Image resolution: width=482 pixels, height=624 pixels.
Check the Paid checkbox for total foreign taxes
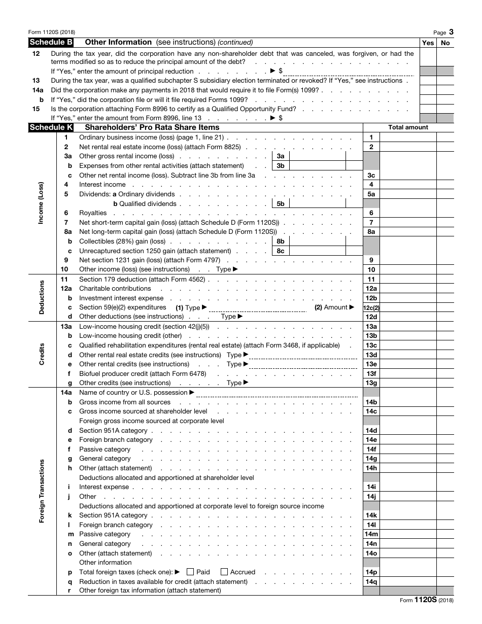coord(190,572)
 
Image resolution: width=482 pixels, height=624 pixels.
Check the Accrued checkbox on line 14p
coord(224,572)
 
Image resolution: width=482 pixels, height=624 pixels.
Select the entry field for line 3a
coord(317,156)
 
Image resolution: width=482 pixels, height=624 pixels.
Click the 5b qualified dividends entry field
coord(317,203)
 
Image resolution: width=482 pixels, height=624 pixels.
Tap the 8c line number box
coord(281,251)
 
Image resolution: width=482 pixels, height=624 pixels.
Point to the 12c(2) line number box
coord(371,307)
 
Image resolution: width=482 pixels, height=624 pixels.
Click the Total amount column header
coord(408,127)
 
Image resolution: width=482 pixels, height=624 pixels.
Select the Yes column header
coord(428,43)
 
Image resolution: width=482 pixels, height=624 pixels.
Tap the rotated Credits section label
coord(42,354)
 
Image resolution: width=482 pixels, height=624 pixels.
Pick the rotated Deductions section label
coord(42,297)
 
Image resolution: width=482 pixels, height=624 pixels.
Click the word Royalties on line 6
coord(93,213)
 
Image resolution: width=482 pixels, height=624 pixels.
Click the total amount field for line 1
coord(408,137)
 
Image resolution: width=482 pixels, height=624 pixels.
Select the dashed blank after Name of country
coord(277,393)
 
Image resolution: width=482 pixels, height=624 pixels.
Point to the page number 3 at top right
coord(451,32)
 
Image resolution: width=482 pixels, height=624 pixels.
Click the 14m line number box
coord(371,534)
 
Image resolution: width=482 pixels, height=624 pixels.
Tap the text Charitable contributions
coord(115,289)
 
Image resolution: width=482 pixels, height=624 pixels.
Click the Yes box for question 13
coord(428,81)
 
